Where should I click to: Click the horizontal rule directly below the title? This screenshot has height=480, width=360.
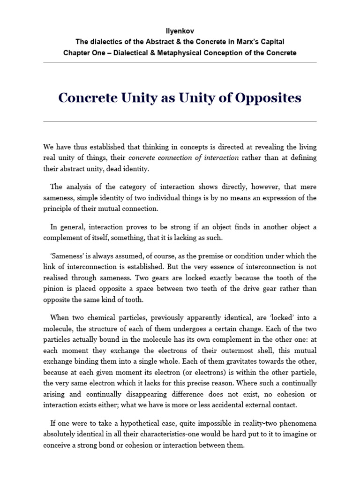180,121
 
